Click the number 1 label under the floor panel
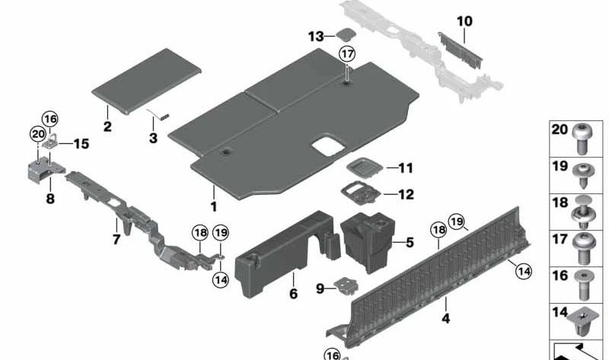[214, 206]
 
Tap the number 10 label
[464, 21]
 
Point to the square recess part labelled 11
[365, 167]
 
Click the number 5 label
[410, 243]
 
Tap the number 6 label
[294, 294]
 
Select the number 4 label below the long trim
[446, 318]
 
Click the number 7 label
[116, 239]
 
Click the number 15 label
[81, 144]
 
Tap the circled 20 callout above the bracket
[37, 135]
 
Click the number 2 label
[107, 126]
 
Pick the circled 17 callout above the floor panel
[347, 53]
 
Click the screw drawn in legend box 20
[582, 139]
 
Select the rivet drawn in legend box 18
[582, 212]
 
